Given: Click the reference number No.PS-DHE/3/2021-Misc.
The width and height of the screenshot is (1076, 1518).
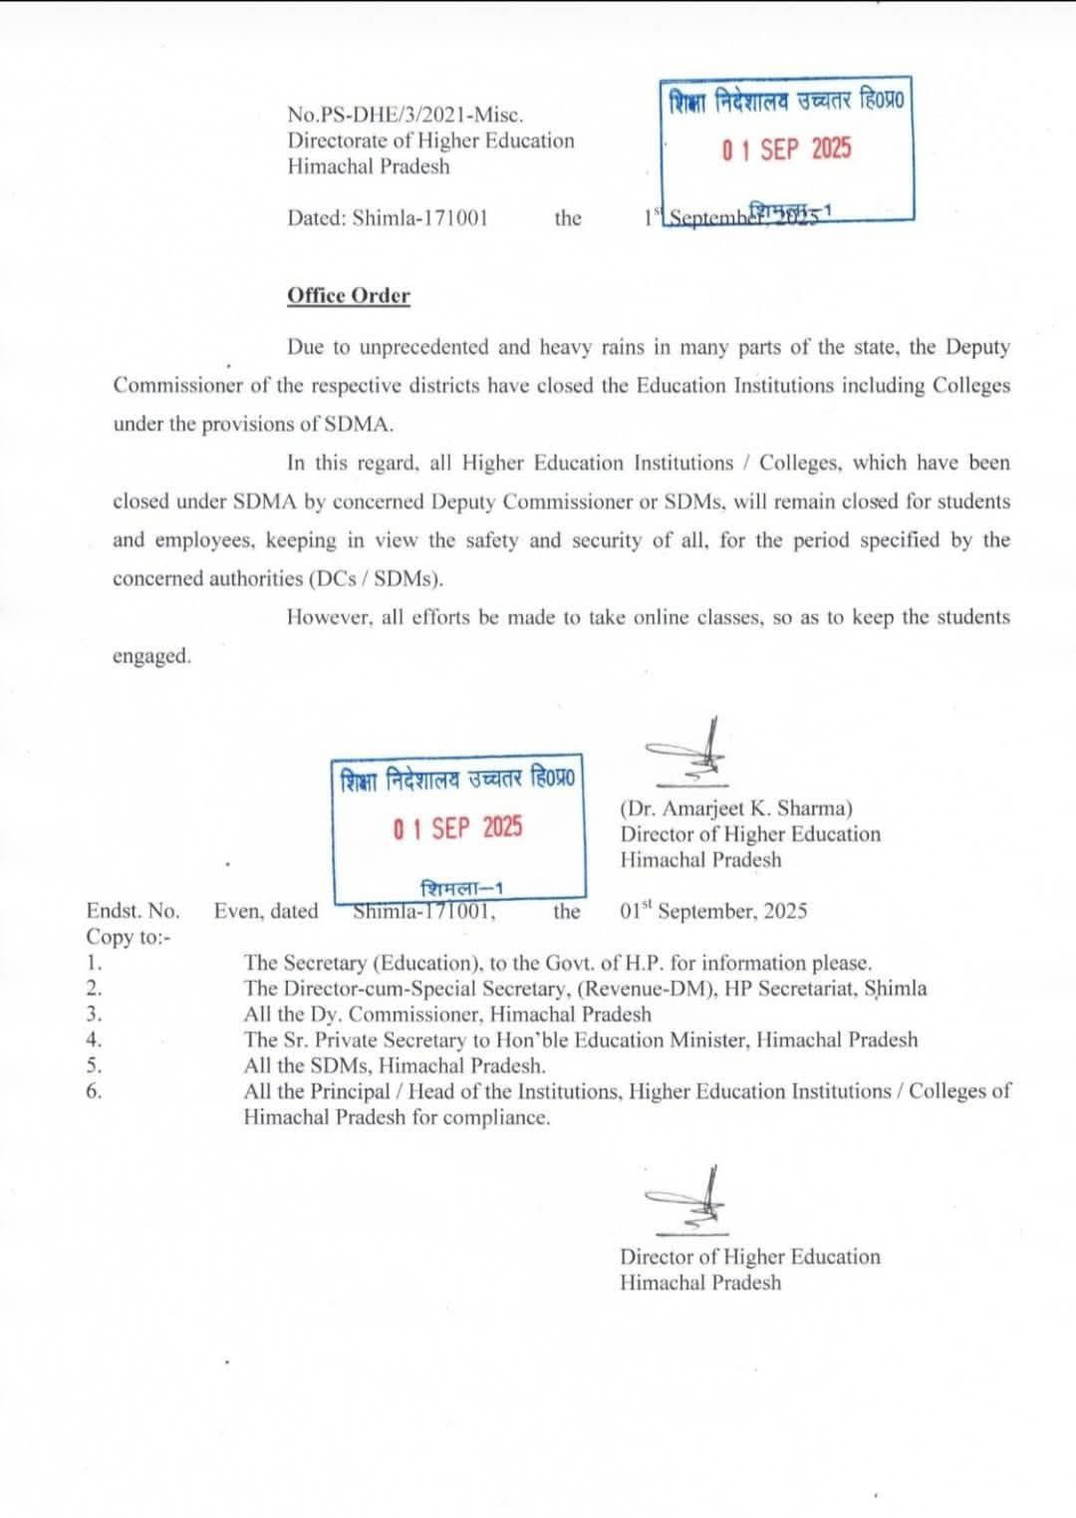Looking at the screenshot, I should coord(405,116).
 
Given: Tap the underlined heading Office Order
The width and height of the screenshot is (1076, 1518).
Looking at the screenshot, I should coord(348,296).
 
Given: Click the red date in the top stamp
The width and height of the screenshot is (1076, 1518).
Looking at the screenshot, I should coord(787,150).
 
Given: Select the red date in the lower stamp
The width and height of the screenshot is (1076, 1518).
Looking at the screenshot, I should coord(457,828).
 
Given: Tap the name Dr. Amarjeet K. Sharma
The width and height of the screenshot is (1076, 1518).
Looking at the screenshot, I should coord(736,808).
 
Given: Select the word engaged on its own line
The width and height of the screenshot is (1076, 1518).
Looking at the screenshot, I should coord(151,656).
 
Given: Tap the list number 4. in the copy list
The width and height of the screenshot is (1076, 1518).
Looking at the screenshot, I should coord(94,1040).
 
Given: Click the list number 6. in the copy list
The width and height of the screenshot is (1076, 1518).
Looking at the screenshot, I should coord(94,1091).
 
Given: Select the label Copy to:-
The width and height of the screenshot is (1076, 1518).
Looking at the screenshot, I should coord(129,937).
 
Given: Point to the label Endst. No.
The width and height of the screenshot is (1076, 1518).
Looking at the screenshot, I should coord(133,911).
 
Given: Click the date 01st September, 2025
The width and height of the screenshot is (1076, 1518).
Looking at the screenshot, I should coord(713,911).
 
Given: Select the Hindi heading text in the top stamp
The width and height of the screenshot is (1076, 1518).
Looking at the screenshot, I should coord(787,103).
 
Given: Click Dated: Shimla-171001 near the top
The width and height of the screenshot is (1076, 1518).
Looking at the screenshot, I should coord(388,218).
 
